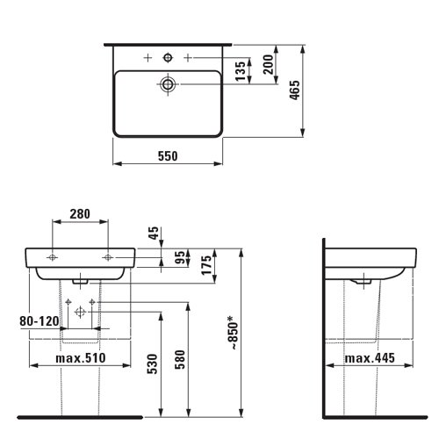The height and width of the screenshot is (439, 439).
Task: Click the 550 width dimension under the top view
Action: (x=167, y=156)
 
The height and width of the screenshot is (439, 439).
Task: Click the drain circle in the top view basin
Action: (x=167, y=85)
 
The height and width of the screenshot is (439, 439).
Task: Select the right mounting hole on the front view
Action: (x=108, y=256)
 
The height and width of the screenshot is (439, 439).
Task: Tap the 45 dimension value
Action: (x=155, y=234)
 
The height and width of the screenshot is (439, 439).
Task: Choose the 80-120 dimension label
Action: (x=37, y=322)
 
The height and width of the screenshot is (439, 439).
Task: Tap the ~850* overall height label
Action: (x=232, y=335)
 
